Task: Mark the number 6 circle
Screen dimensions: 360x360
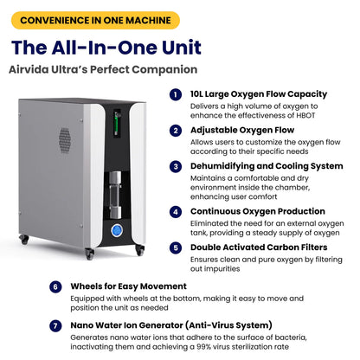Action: point(55,286)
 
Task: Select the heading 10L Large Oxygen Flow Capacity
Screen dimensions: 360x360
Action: point(259,93)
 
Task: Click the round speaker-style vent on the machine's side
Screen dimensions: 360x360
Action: point(65,138)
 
